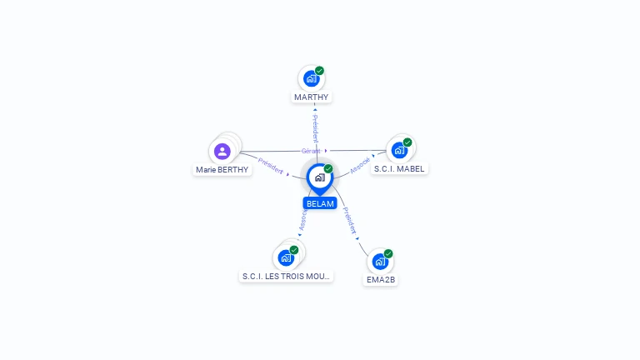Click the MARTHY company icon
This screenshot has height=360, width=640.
pyautogui.click(x=311, y=78)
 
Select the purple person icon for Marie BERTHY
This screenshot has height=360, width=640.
pyautogui.click(x=222, y=151)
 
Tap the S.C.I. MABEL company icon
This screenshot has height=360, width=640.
pyautogui.click(x=399, y=150)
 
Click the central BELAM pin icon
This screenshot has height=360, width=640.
pyautogui.click(x=319, y=177)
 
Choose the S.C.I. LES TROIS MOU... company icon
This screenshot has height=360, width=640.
pyautogui.click(x=286, y=257)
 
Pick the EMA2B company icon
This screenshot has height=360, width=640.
pyautogui.click(x=380, y=262)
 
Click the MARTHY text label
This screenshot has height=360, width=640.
pyautogui.click(x=311, y=97)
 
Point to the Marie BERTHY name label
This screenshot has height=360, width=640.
pyautogui.click(x=222, y=169)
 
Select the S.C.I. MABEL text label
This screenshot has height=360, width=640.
pyautogui.click(x=399, y=168)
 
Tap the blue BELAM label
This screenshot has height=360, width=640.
pyautogui.click(x=320, y=203)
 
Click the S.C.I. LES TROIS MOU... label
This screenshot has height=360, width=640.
pyautogui.click(x=286, y=276)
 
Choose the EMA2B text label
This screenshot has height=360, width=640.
pyautogui.click(x=381, y=280)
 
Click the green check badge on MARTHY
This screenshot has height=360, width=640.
pyautogui.click(x=319, y=71)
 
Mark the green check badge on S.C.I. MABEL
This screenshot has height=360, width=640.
pyautogui.click(x=407, y=142)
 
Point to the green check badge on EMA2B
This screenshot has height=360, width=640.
pyautogui.click(x=388, y=253)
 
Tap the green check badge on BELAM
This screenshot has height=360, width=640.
pyautogui.click(x=328, y=168)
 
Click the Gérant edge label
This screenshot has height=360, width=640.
pyautogui.click(x=311, y=151)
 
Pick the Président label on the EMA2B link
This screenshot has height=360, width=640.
pyautogui.click(x=350, y=220)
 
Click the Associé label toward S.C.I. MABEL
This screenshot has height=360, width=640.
pyautogui.click(x=360, y=164)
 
